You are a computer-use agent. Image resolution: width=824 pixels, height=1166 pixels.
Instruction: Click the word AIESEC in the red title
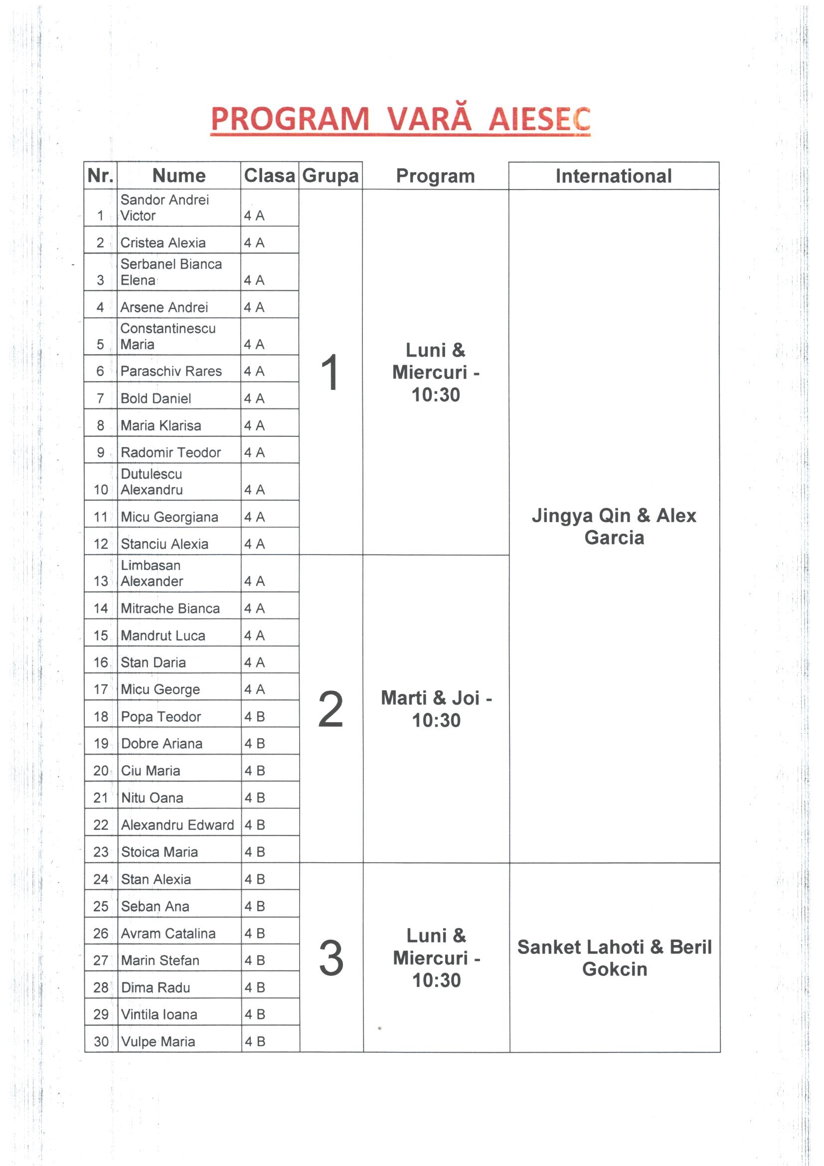pos(539,119)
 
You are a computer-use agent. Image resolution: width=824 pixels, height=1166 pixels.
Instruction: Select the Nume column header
pos(179,176)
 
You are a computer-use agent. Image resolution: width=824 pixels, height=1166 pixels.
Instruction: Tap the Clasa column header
pos(269,176)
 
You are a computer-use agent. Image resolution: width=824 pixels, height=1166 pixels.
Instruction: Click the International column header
pos(613,176)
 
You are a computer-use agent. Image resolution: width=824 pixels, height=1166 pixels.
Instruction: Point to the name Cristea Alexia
pos(163,243)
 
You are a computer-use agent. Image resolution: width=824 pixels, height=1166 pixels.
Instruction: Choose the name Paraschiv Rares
pos(171,371)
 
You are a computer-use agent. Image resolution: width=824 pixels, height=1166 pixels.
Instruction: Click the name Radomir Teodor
pos(170,452)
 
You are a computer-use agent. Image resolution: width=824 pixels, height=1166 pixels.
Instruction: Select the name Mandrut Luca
pos(163,635)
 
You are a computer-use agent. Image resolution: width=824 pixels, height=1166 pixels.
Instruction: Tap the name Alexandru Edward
pos(177,825)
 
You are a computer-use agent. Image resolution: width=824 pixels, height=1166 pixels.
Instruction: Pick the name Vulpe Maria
pos(158,1042)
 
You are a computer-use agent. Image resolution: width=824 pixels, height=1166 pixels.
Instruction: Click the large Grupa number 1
pos(330,373)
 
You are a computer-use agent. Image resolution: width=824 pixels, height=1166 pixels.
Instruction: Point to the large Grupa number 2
pos(330,710)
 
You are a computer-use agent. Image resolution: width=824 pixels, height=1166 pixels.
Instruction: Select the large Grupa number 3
pos(331,958)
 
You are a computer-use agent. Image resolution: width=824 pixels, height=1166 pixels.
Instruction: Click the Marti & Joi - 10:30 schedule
pos(436,709)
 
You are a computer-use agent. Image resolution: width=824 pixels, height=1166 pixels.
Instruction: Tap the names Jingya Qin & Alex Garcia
pos(614,526)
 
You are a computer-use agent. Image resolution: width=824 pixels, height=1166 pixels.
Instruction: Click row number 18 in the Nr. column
pos(101,717)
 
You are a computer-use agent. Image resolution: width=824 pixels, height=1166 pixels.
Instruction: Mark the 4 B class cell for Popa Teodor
pos(255,717)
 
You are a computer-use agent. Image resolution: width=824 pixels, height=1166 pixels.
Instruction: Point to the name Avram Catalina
pos(168,934)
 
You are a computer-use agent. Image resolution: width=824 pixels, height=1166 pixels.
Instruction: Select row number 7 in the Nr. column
pos(101,398)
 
